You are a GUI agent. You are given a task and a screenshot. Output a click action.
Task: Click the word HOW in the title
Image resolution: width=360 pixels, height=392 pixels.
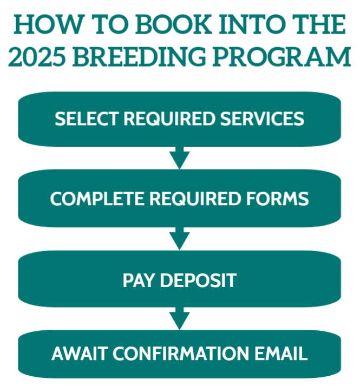click(x=48, y=24)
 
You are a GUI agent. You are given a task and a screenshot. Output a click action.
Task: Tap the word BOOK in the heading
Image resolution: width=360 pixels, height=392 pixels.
click(x=173, y=24)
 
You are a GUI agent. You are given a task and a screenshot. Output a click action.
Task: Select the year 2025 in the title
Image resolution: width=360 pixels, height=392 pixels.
click(x=37, y=56)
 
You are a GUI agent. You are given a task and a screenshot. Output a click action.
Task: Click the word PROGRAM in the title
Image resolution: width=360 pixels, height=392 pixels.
click(x=282, y=56)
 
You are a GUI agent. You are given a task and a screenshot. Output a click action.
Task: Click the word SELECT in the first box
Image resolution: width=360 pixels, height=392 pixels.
click(x=87, y=119)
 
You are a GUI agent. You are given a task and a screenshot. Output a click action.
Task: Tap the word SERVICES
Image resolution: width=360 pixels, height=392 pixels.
click(x=262, y=119)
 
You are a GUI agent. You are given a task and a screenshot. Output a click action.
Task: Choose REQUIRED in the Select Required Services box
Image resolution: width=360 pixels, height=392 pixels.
click(x=169, y=119)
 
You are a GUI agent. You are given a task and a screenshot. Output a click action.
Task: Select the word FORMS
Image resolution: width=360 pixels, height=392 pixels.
click(x=278, y=199)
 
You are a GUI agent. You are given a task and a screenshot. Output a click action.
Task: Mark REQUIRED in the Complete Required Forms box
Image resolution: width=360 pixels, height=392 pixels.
click(x=195, y=199)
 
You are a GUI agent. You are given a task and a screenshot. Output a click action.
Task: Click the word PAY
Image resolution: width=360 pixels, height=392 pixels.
click(x=138, y=280)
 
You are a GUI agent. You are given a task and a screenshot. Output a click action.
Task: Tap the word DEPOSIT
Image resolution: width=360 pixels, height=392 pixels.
click(x=198, y=280)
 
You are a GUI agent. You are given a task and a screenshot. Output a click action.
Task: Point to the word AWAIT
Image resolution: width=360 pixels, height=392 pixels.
click(x=80, y=354)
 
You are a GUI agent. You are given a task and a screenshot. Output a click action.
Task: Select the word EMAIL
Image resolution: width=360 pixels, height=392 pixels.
click(x=281, y=354)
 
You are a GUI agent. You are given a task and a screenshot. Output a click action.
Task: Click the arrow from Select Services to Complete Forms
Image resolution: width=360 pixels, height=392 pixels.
click(x=180, y=158)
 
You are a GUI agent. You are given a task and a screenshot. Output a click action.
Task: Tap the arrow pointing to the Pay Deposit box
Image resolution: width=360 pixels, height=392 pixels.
click(x=180, y=239)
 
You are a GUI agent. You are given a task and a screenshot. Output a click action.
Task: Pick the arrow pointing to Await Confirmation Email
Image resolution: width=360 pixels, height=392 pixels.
click(x=180, y=318)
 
